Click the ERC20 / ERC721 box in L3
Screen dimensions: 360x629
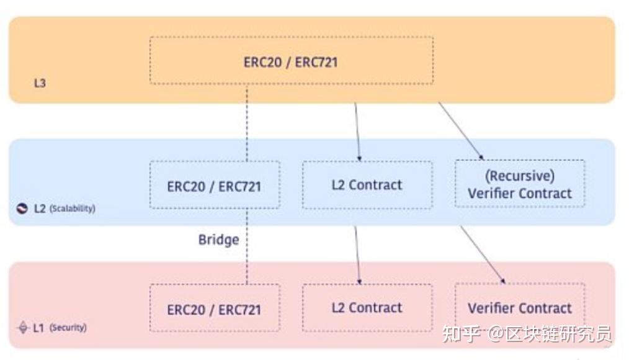tap(291, 61)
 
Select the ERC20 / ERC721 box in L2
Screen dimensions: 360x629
tap(214, 186)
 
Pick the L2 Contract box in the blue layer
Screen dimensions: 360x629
tap(367, 184)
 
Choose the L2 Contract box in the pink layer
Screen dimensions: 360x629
tap(367, 307)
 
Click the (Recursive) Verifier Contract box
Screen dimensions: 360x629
tap(520, 184)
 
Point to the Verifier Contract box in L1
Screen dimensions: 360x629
tap(520, 308)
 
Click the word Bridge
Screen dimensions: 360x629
tap(218, 240)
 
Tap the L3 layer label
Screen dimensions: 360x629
tap(40, 83)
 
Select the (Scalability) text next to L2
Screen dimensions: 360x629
tap(73, 209)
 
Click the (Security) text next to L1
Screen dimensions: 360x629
tap(68, 327)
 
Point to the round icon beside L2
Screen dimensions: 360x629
tap(22, 209)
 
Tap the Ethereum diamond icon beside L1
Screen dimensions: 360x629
tap(24, 327)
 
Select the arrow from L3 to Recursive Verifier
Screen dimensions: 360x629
tap(462, 130)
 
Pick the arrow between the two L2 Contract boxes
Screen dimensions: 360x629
tap(357, 254)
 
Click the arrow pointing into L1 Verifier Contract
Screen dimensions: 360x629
tap(482, 254)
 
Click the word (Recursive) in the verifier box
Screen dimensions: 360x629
tap(520, 176)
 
